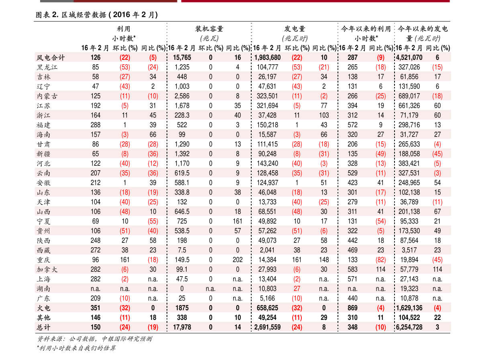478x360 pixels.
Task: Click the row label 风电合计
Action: [x=51, y=58]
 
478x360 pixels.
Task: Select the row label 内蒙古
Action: [x=47, y=96]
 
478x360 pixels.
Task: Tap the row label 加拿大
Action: [x=47, y=270]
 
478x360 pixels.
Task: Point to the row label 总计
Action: [x=43, y=327]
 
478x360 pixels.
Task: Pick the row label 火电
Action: [x=43, y=308]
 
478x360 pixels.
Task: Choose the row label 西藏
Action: [x=43, y=250]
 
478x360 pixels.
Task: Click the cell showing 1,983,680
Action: [x=267, y=58]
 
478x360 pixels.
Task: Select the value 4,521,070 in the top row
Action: [x=409, y=58]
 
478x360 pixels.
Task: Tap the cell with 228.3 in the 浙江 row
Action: [x=182, y=116]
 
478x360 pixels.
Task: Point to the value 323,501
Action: [x=267, y=96]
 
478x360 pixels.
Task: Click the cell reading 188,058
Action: [x=409, y=154]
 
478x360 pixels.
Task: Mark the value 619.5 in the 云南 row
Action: [x=182, y=173]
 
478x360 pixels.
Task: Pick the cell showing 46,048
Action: [x=267, y=193]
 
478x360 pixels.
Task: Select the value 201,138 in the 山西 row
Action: [x=409, y=212]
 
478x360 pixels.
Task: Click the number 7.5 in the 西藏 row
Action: [x=182, y=250]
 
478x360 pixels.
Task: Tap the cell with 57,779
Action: [x=409, y=270]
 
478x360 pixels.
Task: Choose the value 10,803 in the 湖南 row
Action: [x=267, y=289]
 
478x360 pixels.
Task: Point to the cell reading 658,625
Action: [x=267, y=308]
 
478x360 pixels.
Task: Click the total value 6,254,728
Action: [x=409, y=327]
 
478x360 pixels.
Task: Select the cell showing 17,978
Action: [x=182, y=327]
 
